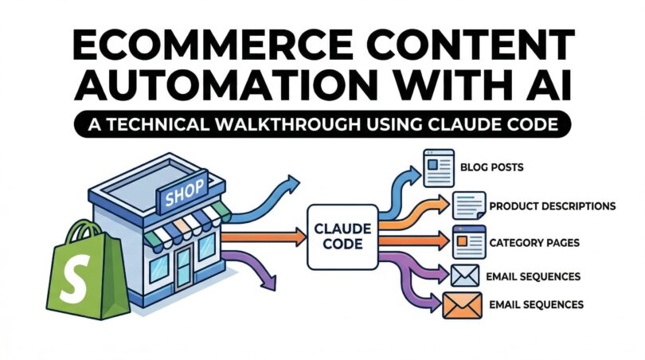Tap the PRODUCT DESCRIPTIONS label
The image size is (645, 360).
(x=552, y=205)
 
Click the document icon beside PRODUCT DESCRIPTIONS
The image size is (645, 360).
(x=467, y=207)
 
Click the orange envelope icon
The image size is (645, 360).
(x=463, y=305)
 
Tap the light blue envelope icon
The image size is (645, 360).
(x=464, y=275)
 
